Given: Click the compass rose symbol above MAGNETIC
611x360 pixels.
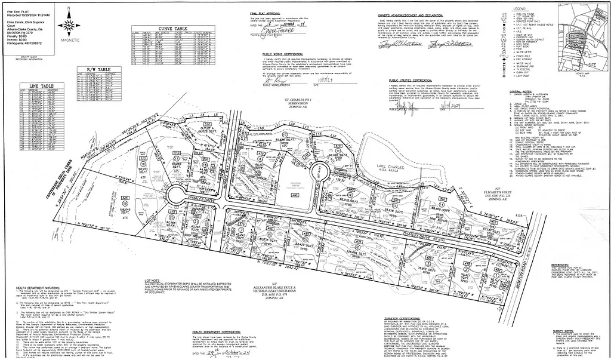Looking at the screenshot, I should [69, 25].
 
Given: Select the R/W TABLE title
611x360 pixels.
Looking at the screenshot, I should [99, 70].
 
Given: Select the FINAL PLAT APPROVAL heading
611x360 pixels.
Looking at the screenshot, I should [265, 13].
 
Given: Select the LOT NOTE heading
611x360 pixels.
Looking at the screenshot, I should [152, 280].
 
